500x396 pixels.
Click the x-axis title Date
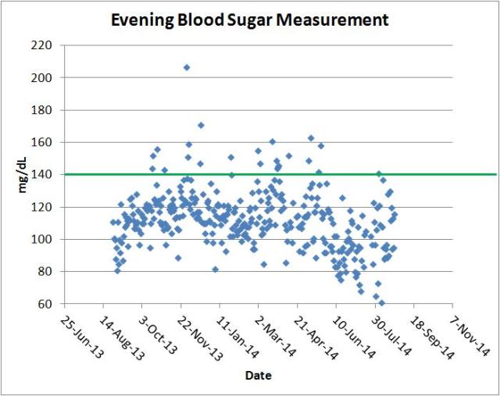pos(258,376)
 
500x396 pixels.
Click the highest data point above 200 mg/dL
pos(187,68)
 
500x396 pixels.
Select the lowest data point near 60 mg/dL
pos(381,303)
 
